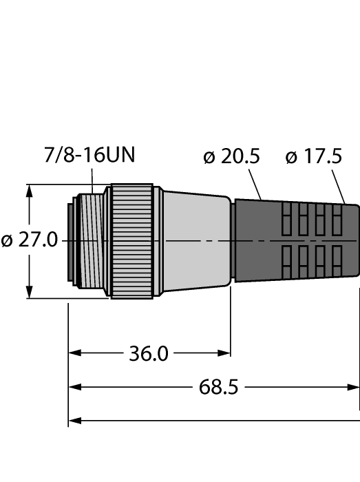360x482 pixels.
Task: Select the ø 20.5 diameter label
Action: [231, 158]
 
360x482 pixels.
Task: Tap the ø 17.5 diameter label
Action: [313, 158]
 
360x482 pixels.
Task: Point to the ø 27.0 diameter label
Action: [30, 242]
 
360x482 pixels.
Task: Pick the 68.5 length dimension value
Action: [218, 387]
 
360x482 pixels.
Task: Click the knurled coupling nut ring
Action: [132, 241]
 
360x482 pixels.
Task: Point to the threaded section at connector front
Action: [89, 241]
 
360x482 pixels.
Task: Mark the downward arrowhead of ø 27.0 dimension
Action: [28, 293]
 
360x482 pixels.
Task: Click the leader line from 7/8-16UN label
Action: [94, 180]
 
